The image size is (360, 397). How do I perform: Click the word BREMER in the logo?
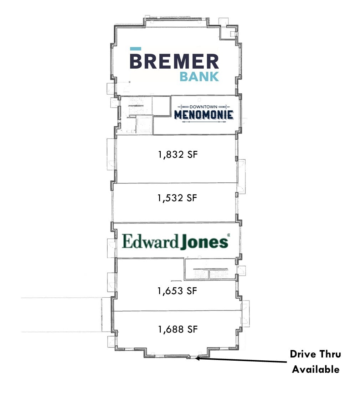click(174, 61)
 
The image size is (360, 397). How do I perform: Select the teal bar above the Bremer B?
click(135, 49)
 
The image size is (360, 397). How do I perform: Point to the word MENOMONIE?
click(204, 115)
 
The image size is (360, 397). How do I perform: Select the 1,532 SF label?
click(177, 198)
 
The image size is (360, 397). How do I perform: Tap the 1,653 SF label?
click(177, 291)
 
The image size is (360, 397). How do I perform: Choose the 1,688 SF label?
click(178, 329)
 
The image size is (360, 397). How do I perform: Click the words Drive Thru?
click(315, 354)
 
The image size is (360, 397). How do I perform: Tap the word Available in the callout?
click(315, 369)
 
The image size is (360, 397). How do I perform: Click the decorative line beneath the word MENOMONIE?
click(204, 122)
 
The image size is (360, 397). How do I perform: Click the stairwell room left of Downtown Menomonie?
click(136, 115)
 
